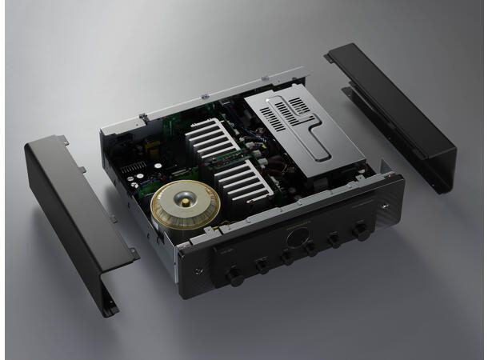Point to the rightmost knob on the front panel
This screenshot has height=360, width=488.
(362, 231)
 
